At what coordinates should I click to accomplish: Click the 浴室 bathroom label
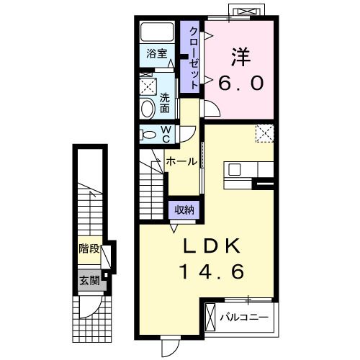[157, 54]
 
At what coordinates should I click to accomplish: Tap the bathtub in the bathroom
[157, 32]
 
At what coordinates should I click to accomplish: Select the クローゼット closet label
[194, 58]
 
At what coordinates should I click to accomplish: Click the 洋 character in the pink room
[241, 58]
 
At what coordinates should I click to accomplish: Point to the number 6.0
[240, 84]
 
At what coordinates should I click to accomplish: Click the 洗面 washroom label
[165, 103]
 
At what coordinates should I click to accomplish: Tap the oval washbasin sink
[148, 109]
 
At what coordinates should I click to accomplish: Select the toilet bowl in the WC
[147, 135]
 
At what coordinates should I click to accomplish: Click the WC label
[166, 135]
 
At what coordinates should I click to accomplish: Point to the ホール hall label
[181, 161]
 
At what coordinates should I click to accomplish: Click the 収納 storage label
[184, 210]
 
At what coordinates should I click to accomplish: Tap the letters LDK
[212, 246]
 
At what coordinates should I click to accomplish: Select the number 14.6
[212, 271]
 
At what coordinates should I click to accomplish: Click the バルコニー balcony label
[244, 318]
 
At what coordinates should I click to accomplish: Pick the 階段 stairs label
[89, 249]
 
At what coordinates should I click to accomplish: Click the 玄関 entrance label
[89, 280]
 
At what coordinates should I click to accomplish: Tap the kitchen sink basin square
[234, 170]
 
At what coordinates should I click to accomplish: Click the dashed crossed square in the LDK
[265, 133]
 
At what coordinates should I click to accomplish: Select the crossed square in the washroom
[148, 86]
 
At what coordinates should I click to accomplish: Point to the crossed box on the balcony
[211, 318]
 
